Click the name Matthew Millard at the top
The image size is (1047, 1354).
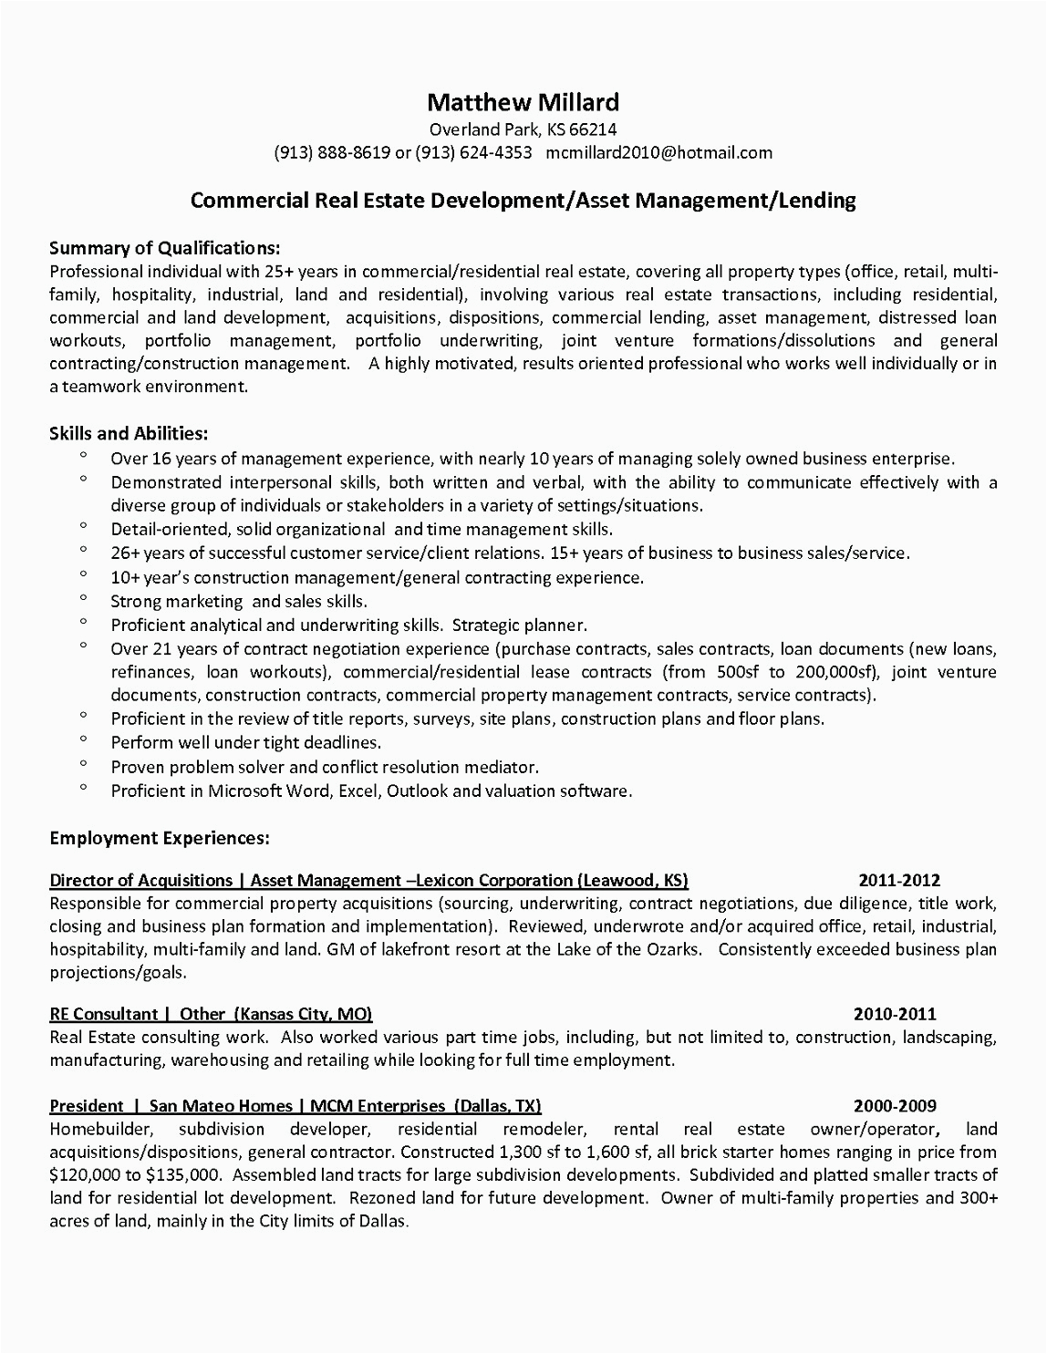click(523, 101)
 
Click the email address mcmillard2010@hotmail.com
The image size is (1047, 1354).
click(659, 152)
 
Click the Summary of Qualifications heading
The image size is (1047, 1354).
click(164, 248)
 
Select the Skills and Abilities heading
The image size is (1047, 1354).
click(129, 434)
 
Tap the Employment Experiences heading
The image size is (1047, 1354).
click(159, 835)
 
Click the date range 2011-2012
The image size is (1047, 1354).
click(899, 881)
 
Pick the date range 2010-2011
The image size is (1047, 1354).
click(895, 1014)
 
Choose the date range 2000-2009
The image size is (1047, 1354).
click(895, 1107)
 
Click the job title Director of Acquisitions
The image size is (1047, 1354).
click(141, 881)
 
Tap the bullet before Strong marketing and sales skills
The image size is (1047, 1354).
click(83, 597)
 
